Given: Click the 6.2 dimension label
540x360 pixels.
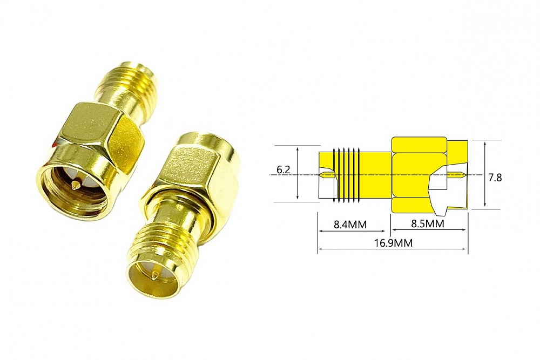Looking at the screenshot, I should (283, 170).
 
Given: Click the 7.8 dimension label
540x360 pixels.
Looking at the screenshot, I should (495, 178).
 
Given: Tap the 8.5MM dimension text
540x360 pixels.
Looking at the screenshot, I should (427, 223).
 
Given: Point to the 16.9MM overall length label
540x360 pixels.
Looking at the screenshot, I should (393, 243).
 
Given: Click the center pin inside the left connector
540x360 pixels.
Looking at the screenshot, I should (74, 186).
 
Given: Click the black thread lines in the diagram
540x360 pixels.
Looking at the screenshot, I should (347, 174).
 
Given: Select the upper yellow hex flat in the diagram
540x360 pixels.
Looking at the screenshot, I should (418, 145).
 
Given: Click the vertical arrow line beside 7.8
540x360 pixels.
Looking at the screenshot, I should (484, 174).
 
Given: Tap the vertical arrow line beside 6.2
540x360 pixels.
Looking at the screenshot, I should (298, 174).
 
